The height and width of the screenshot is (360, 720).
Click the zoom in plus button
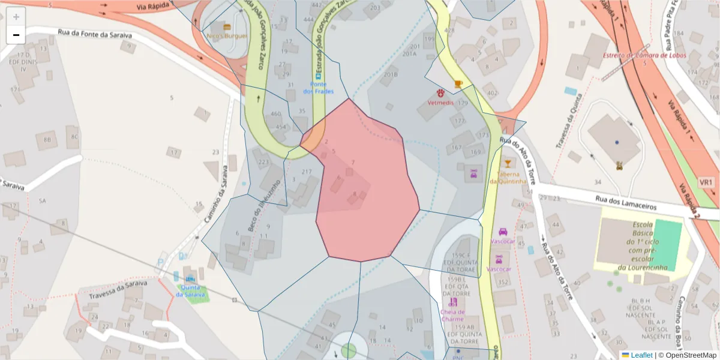(x=16, y=17)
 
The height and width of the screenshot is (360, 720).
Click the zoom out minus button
(x=16, y=35)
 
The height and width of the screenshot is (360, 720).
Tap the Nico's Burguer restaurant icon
(x=227, y=27)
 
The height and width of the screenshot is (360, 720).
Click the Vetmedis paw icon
(x=440, y=94)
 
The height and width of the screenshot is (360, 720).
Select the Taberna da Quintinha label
(x=508, y=178)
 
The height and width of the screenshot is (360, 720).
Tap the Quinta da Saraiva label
(x=191, y=290)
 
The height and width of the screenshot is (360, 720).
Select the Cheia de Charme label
(x=452, y=315)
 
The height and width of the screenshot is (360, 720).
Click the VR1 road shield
(x=706, y=182)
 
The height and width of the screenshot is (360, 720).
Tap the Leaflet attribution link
(x=641, y=355)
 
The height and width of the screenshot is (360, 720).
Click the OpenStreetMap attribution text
(x=687, y=355)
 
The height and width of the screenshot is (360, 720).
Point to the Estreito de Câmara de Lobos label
(x=644, y=55)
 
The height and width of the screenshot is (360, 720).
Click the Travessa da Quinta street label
(x=569, y=121)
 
